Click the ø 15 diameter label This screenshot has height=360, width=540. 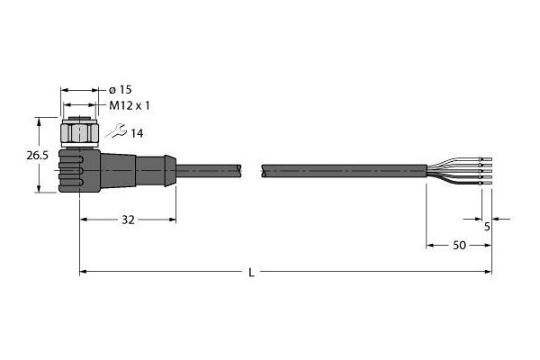tap(121, 90)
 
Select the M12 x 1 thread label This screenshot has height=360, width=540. tap(130, 105)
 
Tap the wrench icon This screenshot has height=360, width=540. tap(116, 130)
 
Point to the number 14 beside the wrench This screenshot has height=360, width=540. tap(137, 133)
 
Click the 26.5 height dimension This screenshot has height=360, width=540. tap(38, 156)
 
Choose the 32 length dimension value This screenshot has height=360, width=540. tap(128, 220)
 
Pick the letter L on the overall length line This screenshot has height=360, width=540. tap(252, 273)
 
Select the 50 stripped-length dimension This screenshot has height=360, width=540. tap(459, 246)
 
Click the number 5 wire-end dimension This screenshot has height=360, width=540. tap(487, 227)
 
